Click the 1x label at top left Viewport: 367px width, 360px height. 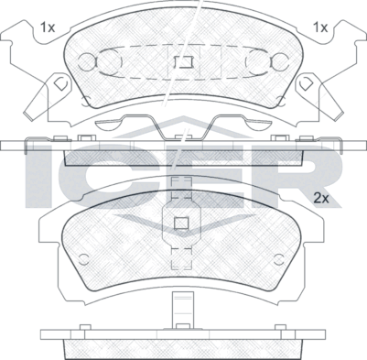point(48,27)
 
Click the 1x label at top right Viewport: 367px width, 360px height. point(319,27)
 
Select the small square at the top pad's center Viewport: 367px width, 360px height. point(182,63)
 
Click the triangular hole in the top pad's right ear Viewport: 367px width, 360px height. point(307,82)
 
